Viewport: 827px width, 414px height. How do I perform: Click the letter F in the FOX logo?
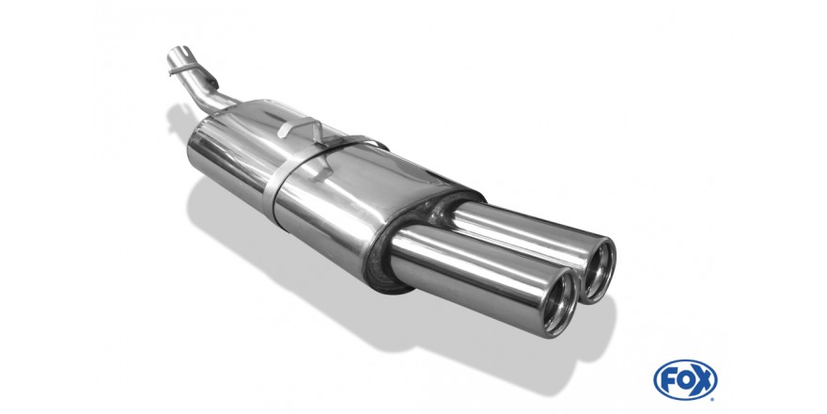point(668,380)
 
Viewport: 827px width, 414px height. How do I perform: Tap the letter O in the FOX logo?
point(685,380)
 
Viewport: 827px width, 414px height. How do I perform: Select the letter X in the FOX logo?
point(704,380)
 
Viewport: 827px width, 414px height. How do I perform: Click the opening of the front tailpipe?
point(561,303)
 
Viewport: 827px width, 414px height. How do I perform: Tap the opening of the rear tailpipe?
point(600,271)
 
